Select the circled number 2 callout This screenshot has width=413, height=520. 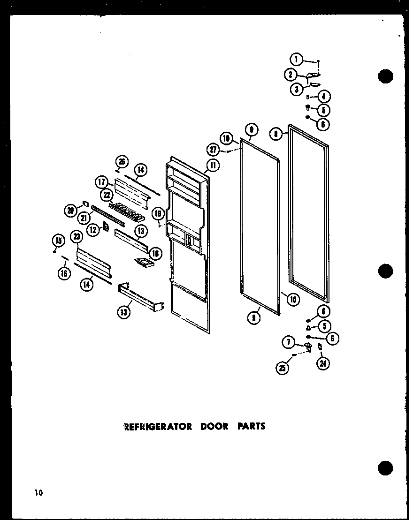(291, 74)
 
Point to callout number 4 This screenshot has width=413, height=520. (323, 97)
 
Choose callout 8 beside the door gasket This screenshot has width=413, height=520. (277, 134)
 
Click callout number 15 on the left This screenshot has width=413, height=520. (58, 241)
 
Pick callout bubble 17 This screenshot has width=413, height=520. (103, 182)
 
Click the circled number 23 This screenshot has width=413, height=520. (76, 238)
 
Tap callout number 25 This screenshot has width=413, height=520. (283, 368)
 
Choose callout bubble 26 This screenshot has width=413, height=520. (122, 162)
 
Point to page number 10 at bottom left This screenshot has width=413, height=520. (38, 492)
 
